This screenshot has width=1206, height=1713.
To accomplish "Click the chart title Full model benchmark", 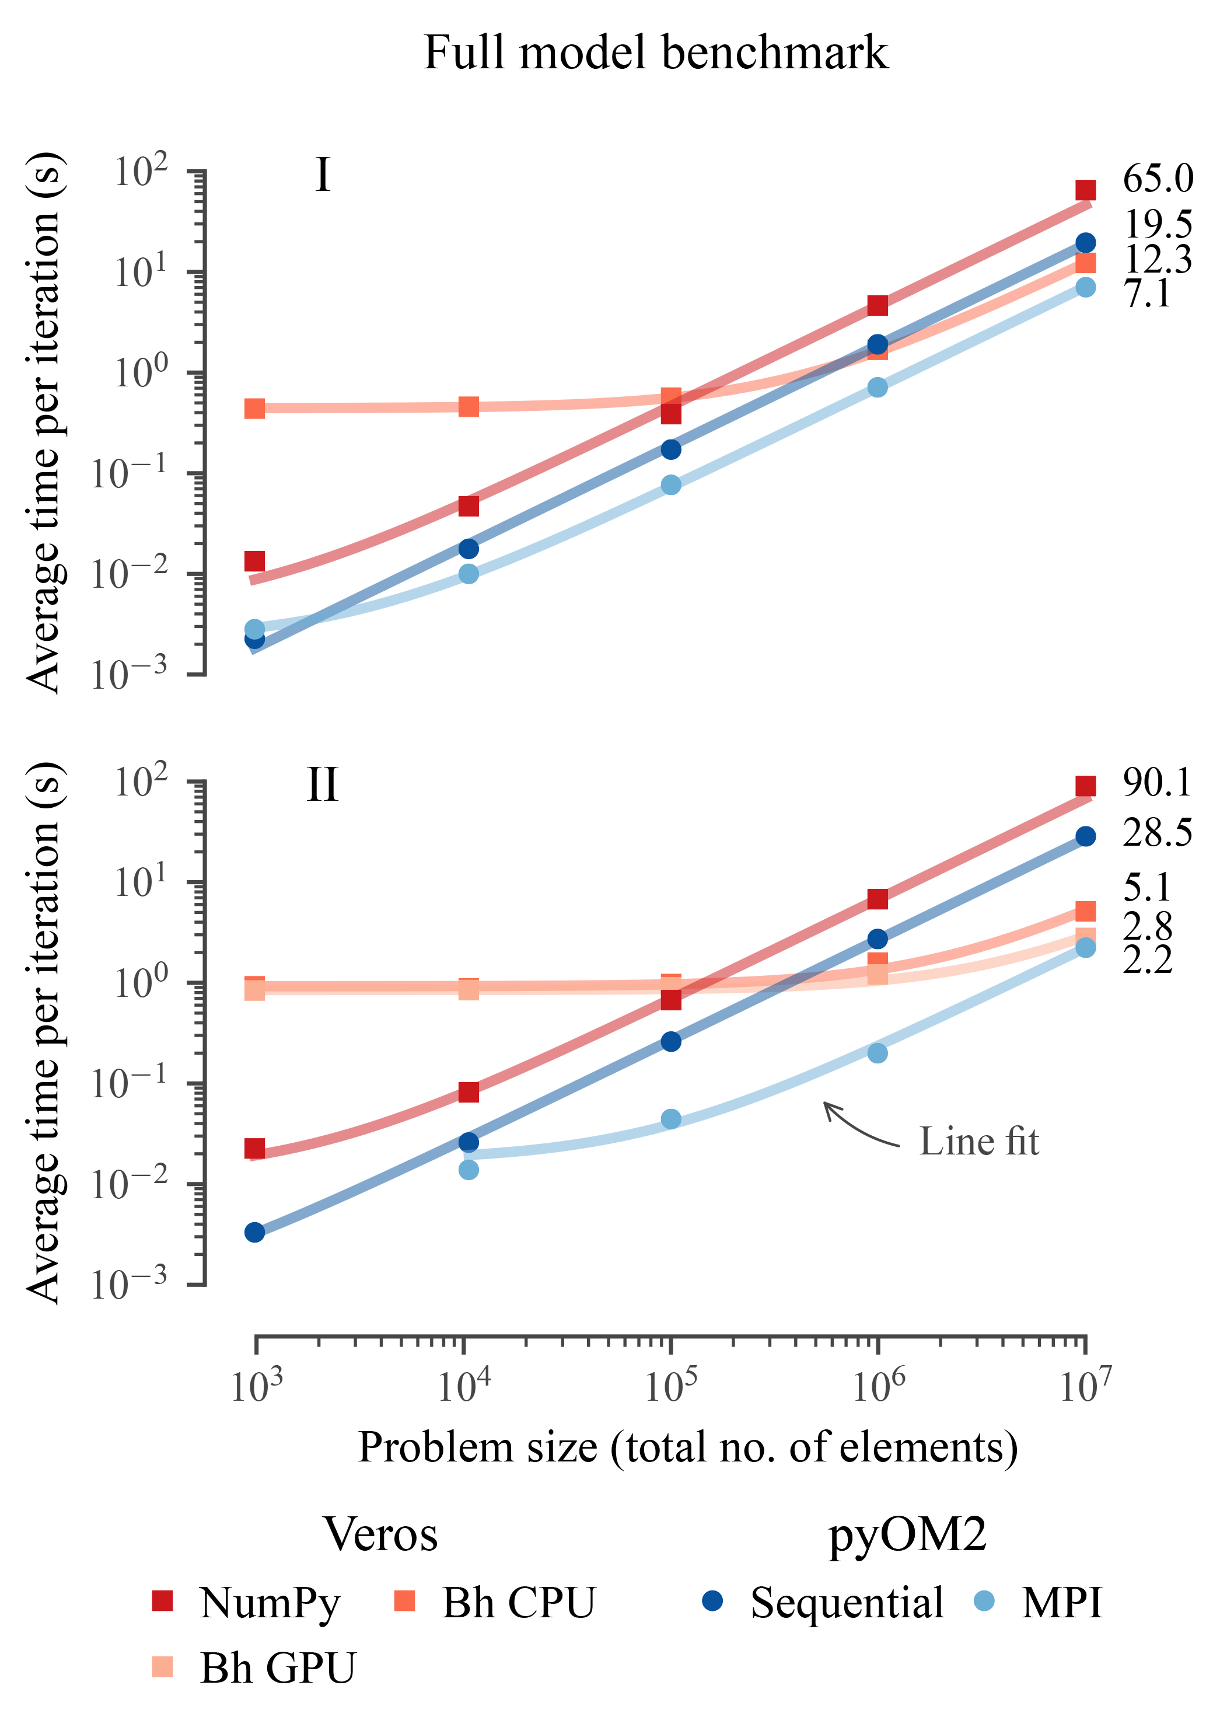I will tap(656, 54).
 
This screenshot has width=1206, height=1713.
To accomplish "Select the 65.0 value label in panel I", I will tap(1158, 179).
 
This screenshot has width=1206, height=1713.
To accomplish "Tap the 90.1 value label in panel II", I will tap(1158, 783).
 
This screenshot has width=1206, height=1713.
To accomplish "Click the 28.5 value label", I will tap(1158, 833).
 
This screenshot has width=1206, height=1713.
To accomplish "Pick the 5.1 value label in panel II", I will tap(1147, 888).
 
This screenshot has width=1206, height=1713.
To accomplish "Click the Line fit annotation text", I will tap(978, 1142).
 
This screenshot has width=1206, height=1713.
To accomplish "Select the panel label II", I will tap(322, 785).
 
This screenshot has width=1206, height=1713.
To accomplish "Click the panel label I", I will tap(322, 176).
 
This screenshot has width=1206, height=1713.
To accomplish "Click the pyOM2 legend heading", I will tap(908, 1536).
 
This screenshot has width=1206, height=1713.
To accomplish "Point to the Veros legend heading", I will tap(380, 1536).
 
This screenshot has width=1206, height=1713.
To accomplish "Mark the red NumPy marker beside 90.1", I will tap(1085, 786).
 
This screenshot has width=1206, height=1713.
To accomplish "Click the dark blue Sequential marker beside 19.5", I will tap(1085, 242).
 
